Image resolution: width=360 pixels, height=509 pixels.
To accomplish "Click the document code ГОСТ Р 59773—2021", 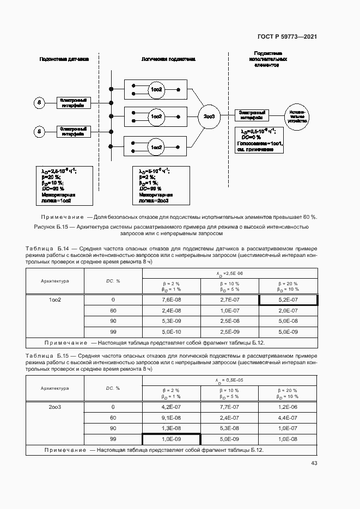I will [287, 37].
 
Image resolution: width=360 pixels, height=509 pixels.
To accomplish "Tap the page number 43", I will [314, 463].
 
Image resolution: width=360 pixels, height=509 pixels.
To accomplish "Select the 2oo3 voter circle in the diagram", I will [209, 116].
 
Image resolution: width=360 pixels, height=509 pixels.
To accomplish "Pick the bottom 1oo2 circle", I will [156, 146].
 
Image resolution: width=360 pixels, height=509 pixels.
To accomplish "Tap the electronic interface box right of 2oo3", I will [252, 114].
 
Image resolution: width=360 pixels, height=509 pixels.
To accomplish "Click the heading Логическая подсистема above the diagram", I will [168, 58].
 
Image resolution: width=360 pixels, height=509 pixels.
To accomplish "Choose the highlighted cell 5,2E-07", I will [288, 300].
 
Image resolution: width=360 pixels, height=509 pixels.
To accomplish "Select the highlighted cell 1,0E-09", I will [171, 439].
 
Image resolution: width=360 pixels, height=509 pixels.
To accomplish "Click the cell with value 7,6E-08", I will [171, 300].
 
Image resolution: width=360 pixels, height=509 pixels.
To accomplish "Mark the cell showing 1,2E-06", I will [288, 407].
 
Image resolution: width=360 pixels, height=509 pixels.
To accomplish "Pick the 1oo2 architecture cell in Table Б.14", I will [54, 300].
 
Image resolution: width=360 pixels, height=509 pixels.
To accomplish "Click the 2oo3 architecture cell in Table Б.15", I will [54, 407].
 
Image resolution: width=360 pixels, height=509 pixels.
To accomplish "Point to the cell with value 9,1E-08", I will [171, 418].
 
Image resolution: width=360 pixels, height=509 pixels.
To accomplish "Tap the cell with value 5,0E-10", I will [171, 332].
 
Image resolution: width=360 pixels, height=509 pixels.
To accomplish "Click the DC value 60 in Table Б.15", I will [113, 418].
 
